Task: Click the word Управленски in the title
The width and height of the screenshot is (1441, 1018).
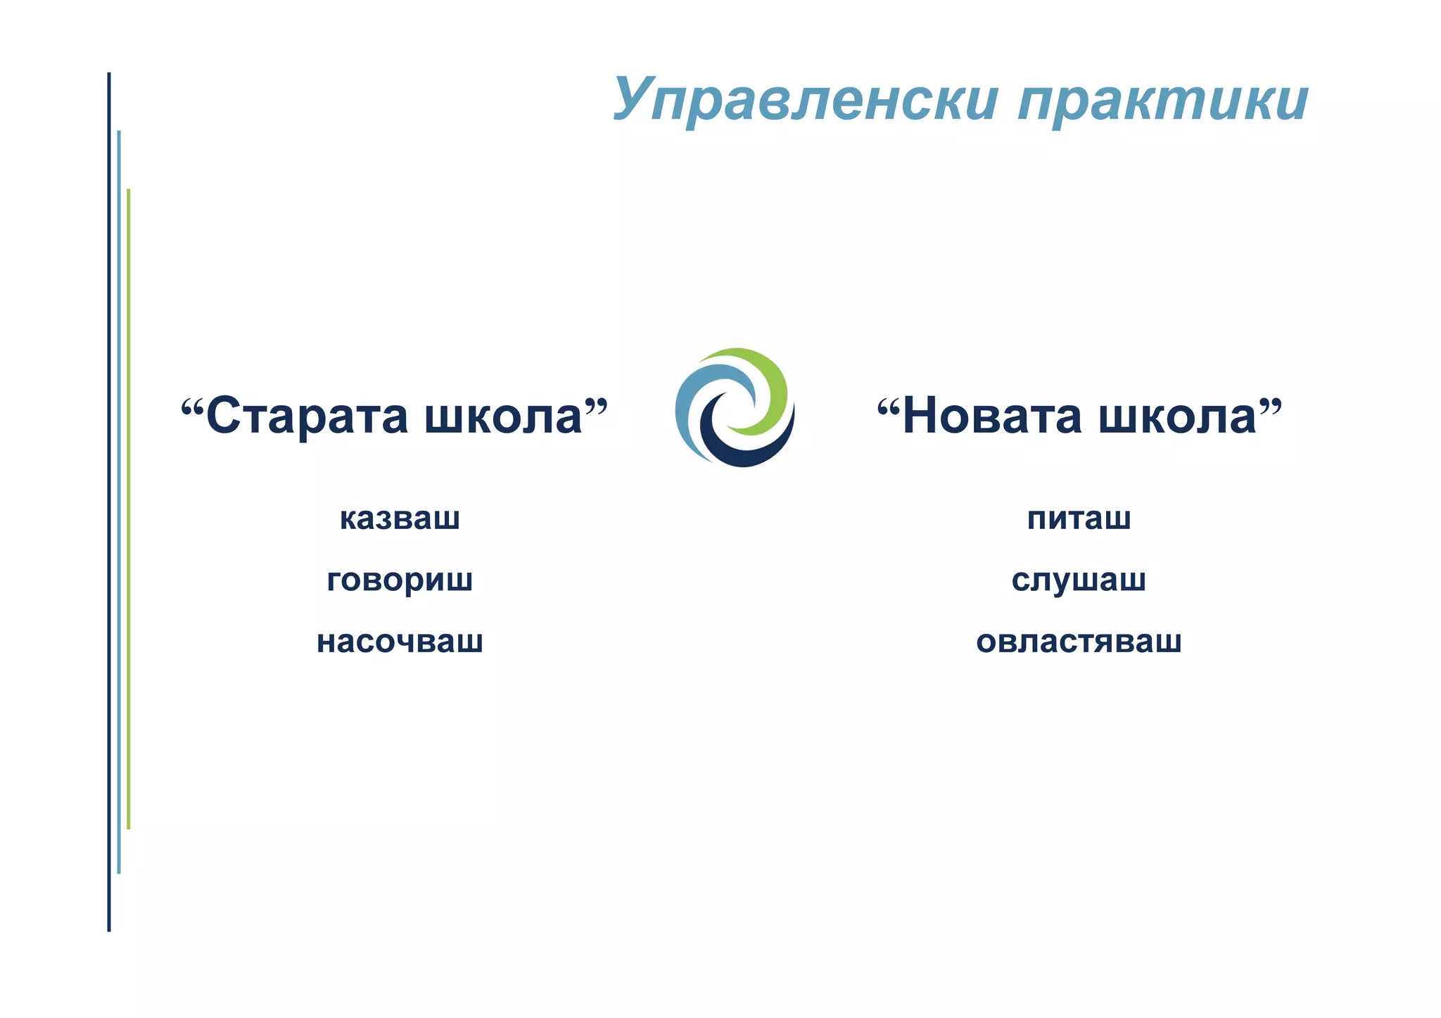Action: point(805,100)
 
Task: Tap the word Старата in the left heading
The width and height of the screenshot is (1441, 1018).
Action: point(307,416)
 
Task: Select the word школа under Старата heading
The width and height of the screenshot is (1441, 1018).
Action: point(504,416)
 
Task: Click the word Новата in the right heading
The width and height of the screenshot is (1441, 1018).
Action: point(992,416)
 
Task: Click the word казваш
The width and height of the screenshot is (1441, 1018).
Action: point(400,518)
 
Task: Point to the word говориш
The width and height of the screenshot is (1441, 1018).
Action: point(400,581)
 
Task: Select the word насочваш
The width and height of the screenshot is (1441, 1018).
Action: point(400,642)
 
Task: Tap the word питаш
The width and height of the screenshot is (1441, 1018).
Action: point(1079,518)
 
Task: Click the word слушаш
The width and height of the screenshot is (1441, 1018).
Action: point(1079,580)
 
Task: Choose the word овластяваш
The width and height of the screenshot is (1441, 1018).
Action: point(1079,642)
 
